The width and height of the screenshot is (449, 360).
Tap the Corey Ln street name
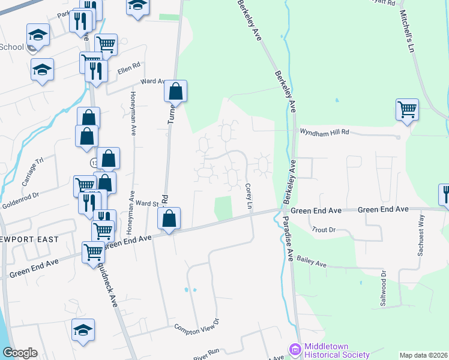click(x=248, y=197)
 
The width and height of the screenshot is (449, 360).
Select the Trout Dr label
click(x=324, y=230)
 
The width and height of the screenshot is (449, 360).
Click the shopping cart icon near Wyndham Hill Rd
click(x=407, y=110)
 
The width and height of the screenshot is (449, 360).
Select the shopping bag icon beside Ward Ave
click(x=175, y=92)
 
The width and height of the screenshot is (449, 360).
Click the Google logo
click(x=20, y=353)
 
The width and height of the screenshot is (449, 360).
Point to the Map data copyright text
click(x=423, y=355)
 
